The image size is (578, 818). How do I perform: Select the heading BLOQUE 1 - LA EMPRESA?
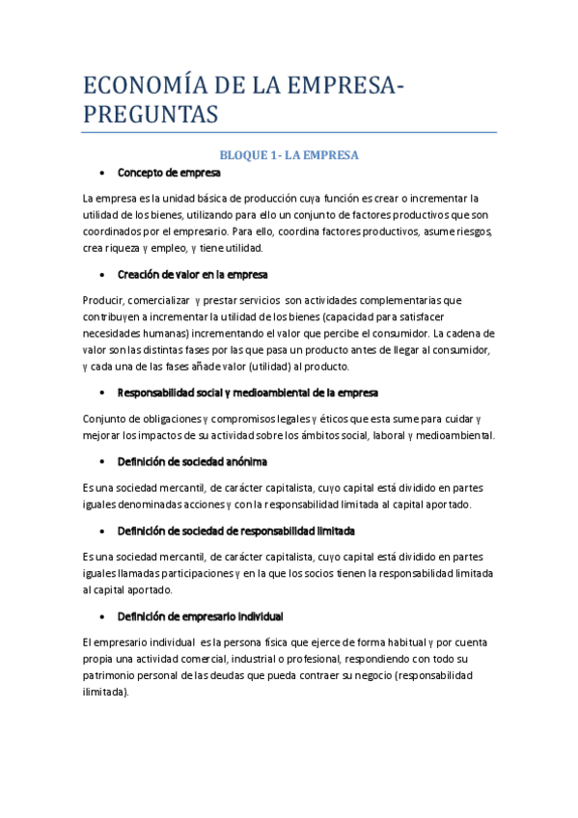click(289, 154)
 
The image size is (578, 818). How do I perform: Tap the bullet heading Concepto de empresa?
click(169, 173)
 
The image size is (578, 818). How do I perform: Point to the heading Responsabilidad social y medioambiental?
click(248, 393)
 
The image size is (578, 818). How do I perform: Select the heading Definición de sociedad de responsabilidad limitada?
click(236, 531)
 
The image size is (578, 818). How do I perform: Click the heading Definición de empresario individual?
click(200, 615)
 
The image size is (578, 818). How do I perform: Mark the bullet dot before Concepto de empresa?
click(102, 174)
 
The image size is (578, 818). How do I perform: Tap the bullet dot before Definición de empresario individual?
click(102, 616)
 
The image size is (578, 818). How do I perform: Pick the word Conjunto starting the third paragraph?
click(108, 419)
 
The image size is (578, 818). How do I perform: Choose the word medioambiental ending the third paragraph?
click(455, 435)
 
